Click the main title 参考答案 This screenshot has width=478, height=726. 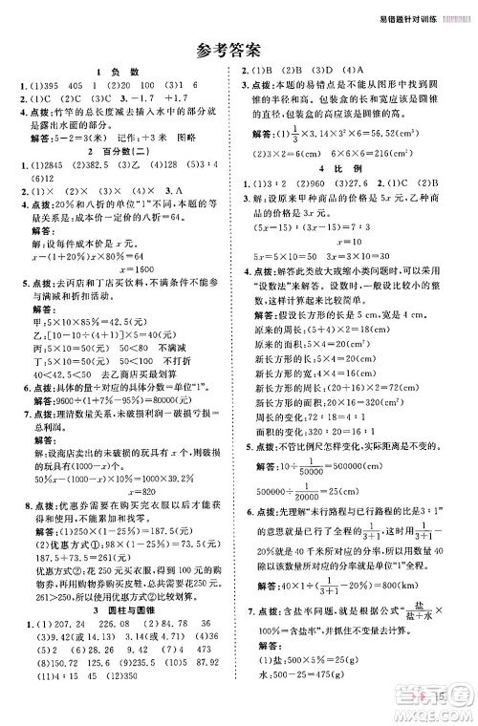tap(240, 51)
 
